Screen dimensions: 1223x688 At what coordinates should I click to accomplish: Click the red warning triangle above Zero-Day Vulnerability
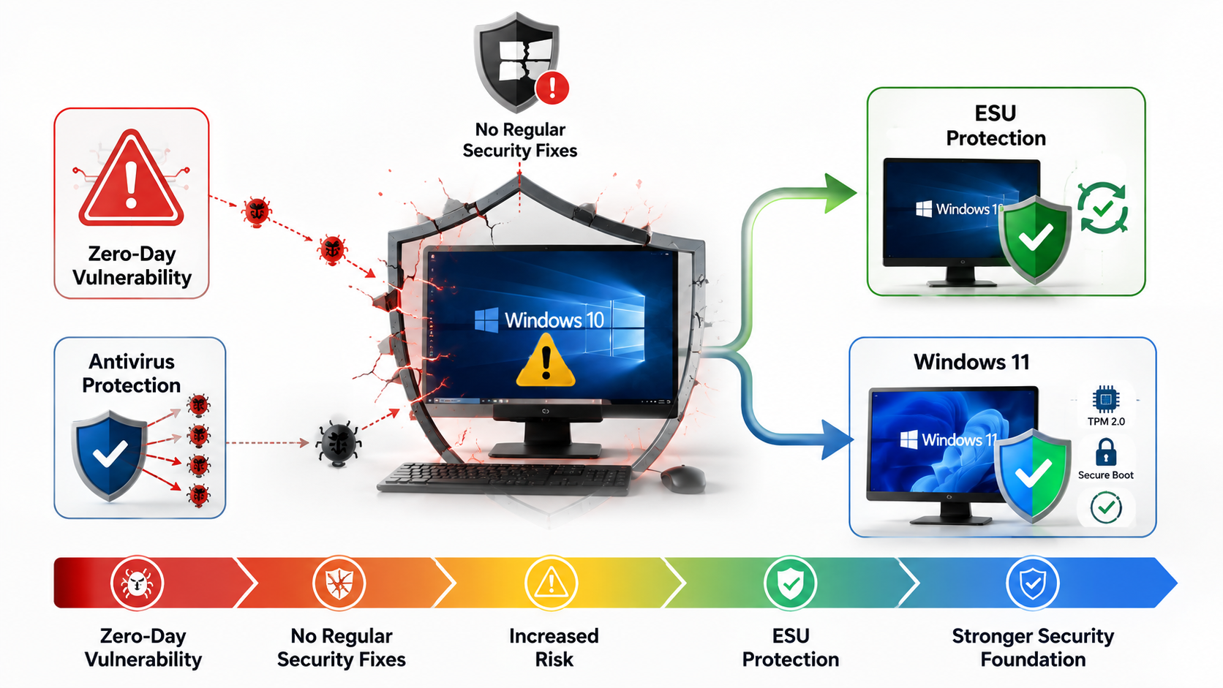click(x=131, y=179)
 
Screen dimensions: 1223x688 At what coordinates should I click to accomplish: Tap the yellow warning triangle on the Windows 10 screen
click(x=546, y=361)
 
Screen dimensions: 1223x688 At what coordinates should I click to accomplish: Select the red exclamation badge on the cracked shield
click(x=552, y=87)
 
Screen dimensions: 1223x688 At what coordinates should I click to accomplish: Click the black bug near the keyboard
click(x=339, y=443)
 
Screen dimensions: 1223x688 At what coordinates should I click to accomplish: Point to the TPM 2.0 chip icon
click(x=1106, y=399)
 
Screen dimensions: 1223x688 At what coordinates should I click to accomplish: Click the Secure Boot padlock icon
click(x=1106, y=452)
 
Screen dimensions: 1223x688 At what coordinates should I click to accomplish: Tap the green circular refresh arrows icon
click(x=1102, y=208)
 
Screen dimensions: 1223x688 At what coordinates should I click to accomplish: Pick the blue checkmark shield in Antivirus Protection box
click(x=109, y=455)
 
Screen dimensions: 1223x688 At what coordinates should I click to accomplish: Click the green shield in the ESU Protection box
click(x=1034, y=239)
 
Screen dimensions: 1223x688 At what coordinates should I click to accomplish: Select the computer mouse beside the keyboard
click(x=682, y=478)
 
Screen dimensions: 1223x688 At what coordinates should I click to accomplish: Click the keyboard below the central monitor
click(x=504, y=478)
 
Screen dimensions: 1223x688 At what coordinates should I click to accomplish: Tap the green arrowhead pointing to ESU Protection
click(x=840, y=193)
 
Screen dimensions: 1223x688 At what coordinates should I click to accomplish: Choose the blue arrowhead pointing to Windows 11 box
click(x=838, y=439)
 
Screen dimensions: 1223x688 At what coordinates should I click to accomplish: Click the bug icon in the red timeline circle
click(x=137, y=583)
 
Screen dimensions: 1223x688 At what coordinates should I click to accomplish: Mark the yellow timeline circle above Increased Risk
click(x=551, y=583)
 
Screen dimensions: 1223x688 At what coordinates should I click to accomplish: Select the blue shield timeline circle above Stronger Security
click(x=1032, y=583)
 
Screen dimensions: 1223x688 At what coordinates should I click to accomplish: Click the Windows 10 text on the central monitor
click(x=554, y=320)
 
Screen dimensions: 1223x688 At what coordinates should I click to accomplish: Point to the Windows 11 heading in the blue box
click(x=972, y=362)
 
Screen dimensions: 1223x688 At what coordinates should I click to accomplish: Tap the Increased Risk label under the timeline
click(x=554, y=648)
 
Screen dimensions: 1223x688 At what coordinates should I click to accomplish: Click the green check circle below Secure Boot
click(x=1106, y=507)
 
